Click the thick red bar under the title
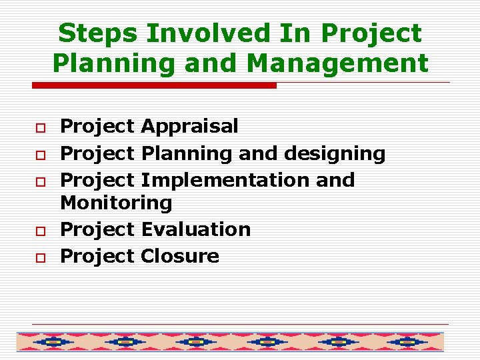[154, 85]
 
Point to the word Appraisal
[189, 126]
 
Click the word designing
[335, 153]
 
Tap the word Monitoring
[116, 202]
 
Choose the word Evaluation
[195, 229]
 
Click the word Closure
[179, 256]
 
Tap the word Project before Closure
[97, 256]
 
